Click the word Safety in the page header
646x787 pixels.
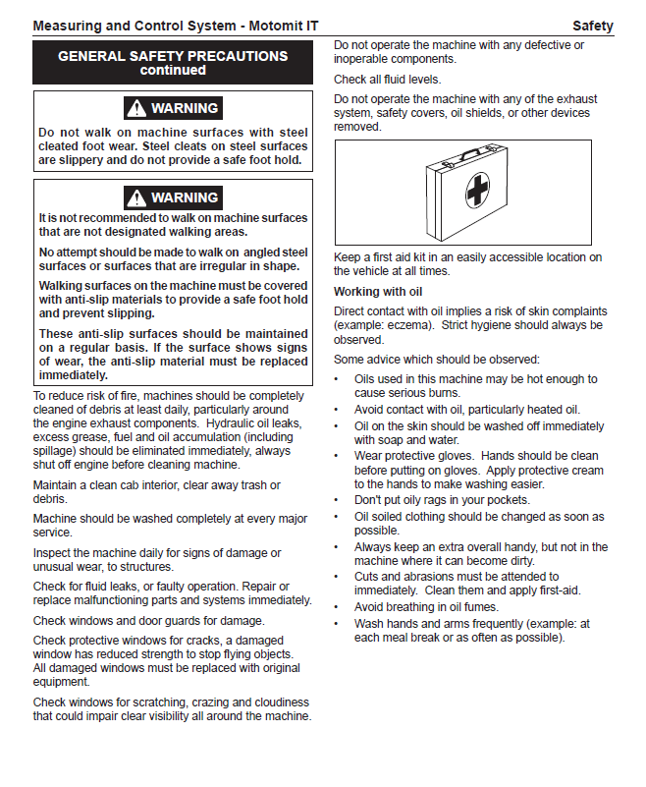592,26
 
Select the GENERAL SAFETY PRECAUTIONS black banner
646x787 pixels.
173,63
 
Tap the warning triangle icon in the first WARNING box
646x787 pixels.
136,108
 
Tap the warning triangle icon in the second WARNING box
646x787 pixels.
136,197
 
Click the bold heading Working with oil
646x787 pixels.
377,292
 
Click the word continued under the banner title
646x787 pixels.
173,71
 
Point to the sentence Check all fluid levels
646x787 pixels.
387,80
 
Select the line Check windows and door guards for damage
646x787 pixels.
148,621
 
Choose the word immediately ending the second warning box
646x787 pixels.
75,375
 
